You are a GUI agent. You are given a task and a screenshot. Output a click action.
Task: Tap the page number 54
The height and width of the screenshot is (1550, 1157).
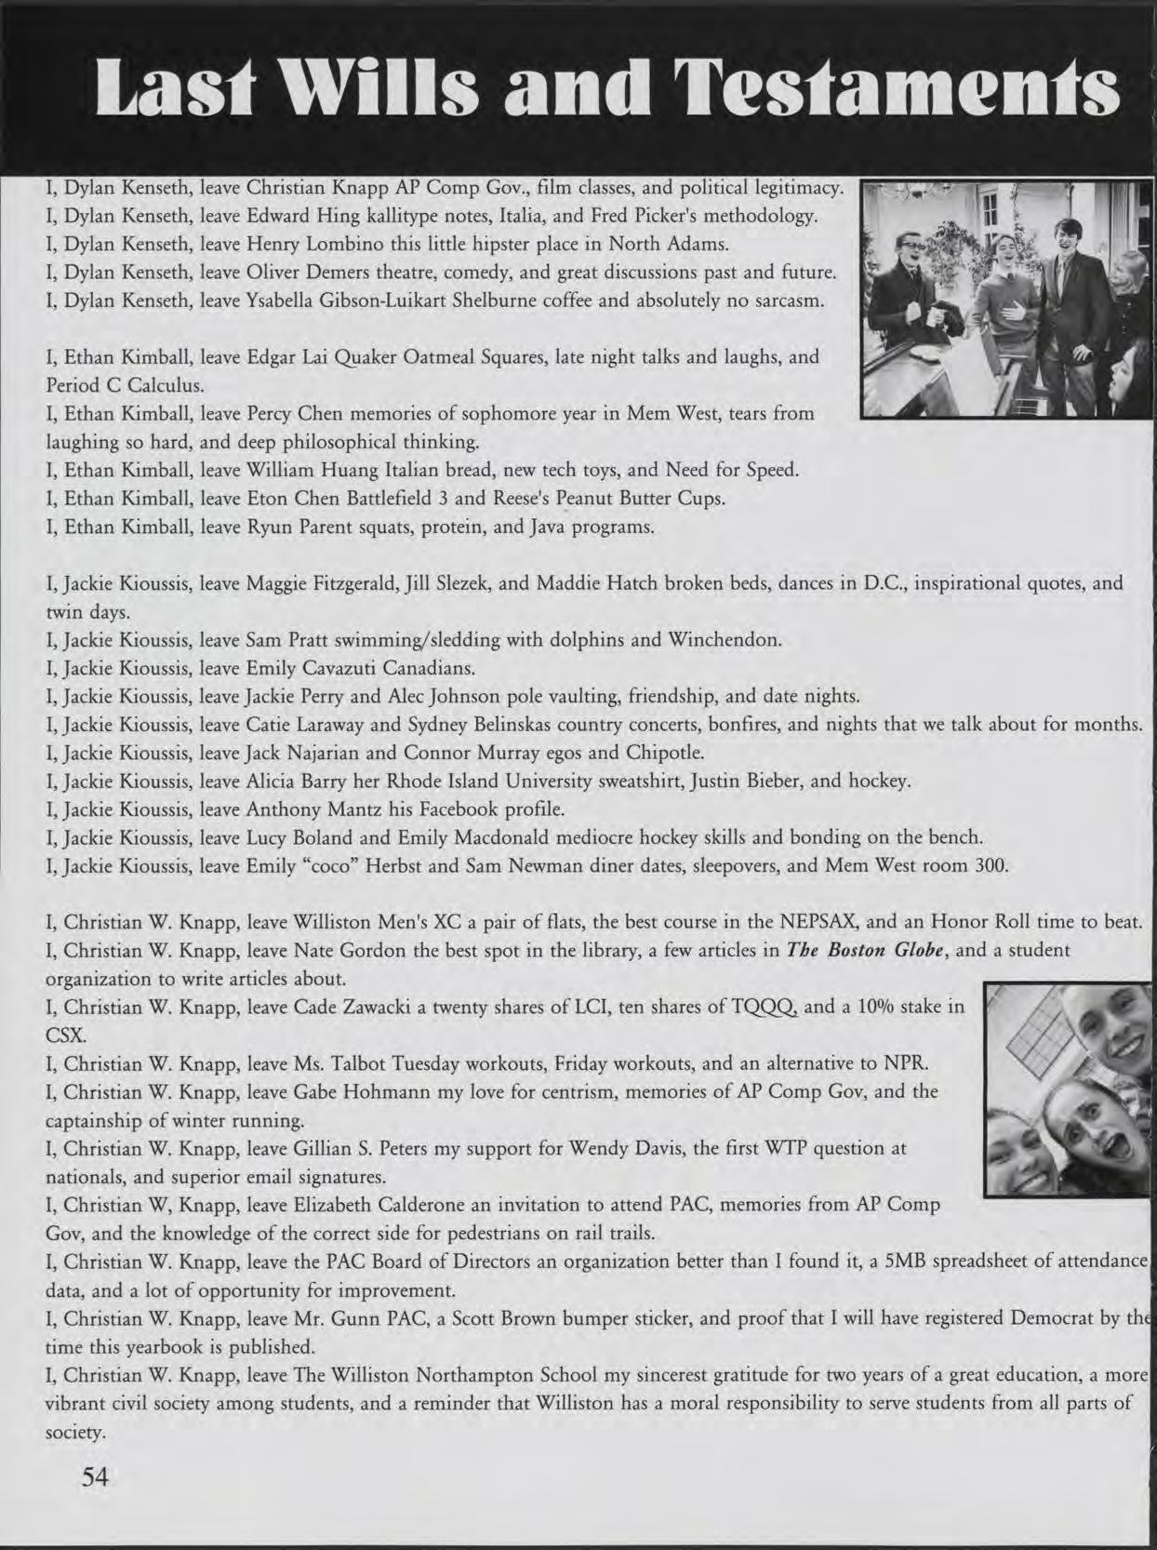coord(96,1477)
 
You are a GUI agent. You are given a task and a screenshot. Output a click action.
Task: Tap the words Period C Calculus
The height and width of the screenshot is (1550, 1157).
coord(125,384)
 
